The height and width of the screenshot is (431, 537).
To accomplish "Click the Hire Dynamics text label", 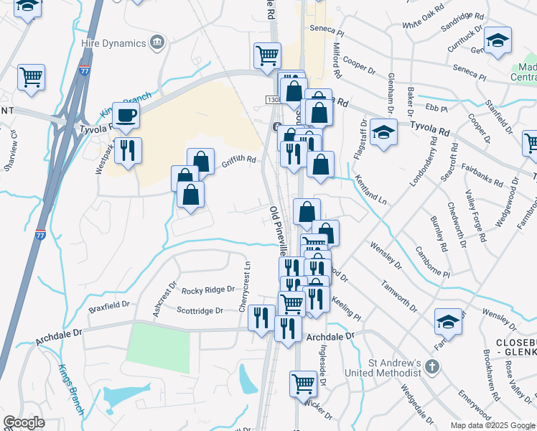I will click(113, 43).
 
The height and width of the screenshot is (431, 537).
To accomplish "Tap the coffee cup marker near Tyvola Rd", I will click(126, 115).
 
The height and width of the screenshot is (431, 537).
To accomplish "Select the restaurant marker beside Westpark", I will click(128, 150).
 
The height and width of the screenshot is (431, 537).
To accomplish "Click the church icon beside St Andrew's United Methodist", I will click(431, 366).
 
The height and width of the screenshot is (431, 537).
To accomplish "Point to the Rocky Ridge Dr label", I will click(208, 290).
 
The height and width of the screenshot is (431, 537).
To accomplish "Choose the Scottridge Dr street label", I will click(200, 311).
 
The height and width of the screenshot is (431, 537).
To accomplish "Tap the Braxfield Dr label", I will click(109, 305).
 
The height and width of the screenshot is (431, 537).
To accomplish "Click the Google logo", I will click(24, 422).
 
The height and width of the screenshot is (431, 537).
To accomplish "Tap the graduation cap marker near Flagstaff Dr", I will click(384, 132).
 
